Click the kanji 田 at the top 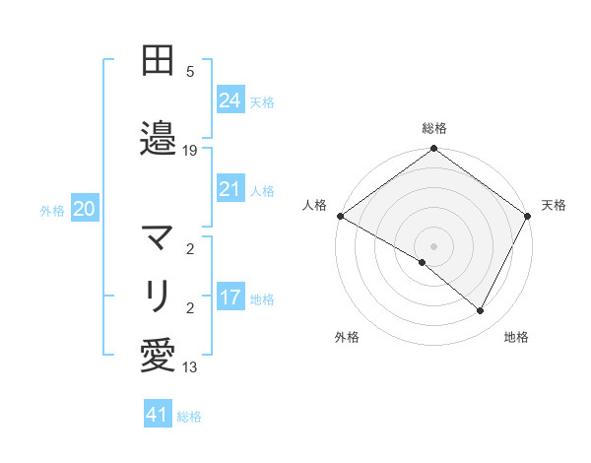click(158, 61)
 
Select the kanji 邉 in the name click(158, 138)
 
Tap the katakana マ click(158, 238)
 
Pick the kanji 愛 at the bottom click(158, 355)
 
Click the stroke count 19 click(190, 151)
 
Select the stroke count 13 click(190, 367)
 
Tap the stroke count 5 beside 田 click(190, 72)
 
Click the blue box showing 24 click(230, 99)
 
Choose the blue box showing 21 click(230, 189)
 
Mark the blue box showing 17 click(230, 298)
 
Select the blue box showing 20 click(85, 209)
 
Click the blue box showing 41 click(158, 415)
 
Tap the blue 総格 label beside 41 click(189, 417)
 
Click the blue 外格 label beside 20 click(52, 210)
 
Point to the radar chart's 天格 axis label click(554, 205)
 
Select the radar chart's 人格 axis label click(314, 205)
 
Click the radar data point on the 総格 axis click(433, 150)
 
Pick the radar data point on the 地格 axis click(481, 311)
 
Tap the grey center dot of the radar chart click(433, 245)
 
